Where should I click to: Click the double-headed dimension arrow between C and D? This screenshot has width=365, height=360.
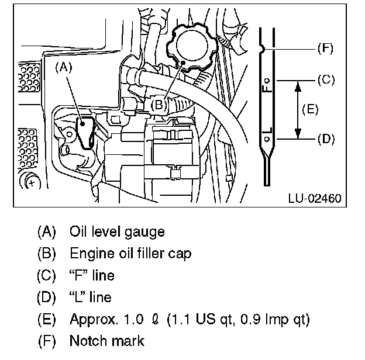coord(298,109)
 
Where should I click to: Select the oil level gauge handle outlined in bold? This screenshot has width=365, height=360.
coord(87,133)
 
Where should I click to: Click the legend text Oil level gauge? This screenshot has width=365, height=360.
coord(116,231)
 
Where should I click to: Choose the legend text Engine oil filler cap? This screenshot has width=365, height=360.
coord(129,253)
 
